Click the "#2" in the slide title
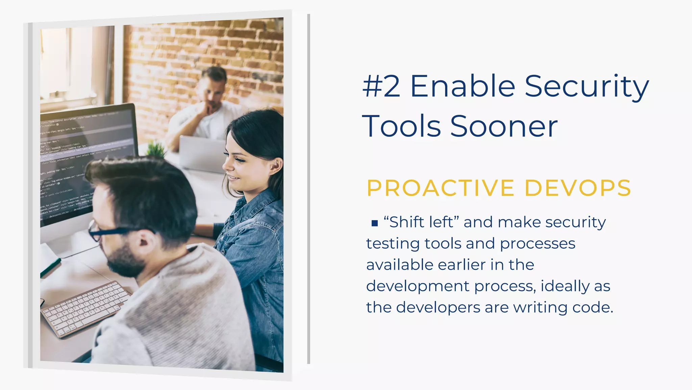point(381,86)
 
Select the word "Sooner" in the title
point(504,126)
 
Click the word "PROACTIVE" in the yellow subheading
point(441,188)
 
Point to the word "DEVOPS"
point(578,188)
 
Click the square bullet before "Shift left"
point(374,223)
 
